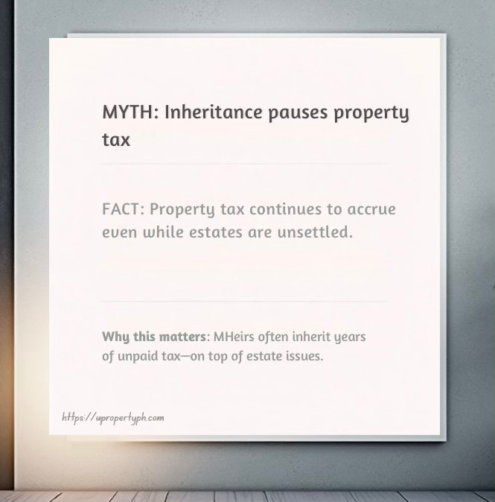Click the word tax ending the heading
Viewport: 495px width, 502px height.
[116, 139]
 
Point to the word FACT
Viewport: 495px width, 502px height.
[121, 209]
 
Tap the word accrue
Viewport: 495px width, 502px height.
[369, 209]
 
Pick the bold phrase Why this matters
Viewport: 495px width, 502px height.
[153, 337]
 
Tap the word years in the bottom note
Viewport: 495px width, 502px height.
[350, 337]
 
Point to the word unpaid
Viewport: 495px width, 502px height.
[137, 356]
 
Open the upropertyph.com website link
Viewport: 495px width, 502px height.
[113, 418]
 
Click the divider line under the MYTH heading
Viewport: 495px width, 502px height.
[246, 163]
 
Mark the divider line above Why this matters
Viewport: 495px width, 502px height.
[246, 301]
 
